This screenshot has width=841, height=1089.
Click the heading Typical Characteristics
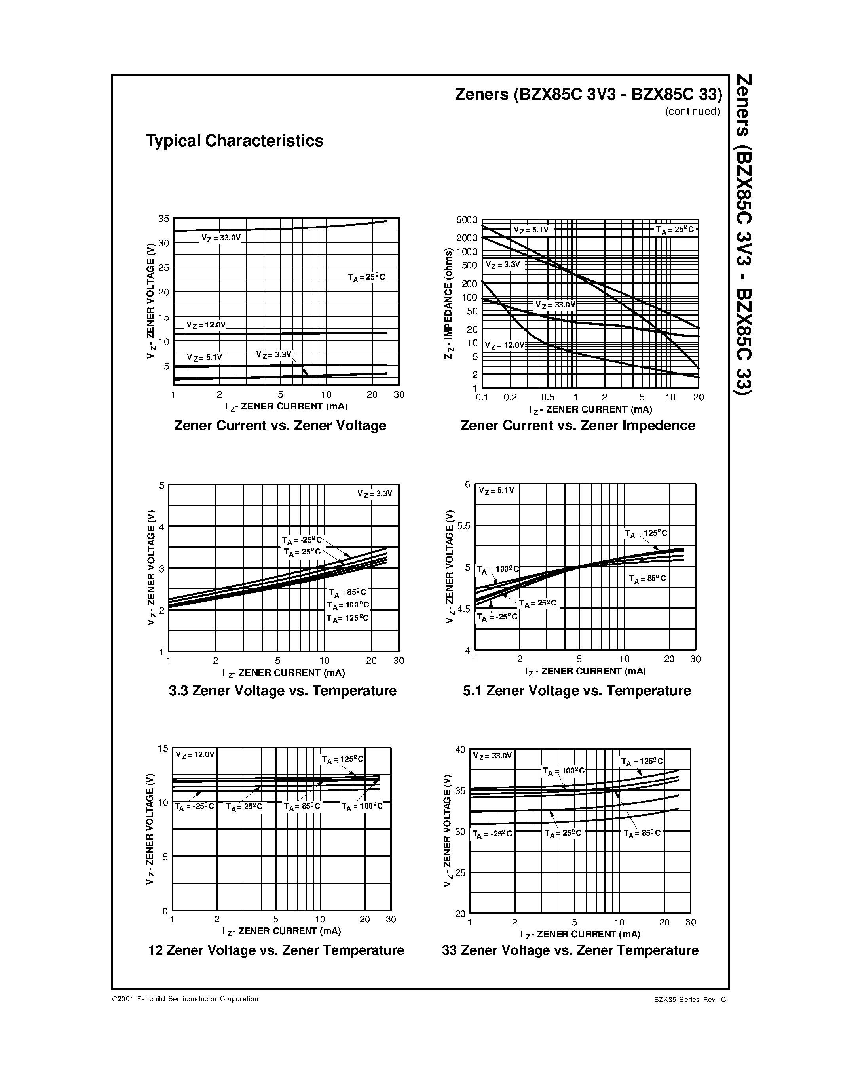click(234, 141)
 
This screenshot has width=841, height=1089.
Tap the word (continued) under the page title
click(692, 112)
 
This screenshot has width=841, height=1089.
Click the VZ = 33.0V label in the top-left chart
click(221, 238)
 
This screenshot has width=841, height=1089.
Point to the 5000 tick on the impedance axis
click(466, 220)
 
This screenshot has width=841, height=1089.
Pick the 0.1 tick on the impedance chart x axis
click(481, 398)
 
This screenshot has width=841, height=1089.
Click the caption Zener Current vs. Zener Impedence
click(577, 425)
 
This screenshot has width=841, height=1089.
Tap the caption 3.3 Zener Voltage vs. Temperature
click(283, 691)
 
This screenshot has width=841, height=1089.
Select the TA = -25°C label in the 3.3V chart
click(302, 540)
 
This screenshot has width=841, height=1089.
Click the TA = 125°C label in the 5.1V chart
click(646, 533)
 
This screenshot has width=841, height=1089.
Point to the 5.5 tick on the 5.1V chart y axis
click(463, 525)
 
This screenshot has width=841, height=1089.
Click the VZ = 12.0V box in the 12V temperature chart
click(195, 754)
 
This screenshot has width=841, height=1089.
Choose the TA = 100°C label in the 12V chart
click(362, 806)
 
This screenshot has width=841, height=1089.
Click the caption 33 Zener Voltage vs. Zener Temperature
click(570, 950)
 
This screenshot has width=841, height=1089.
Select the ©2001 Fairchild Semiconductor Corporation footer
click(185, 999)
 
